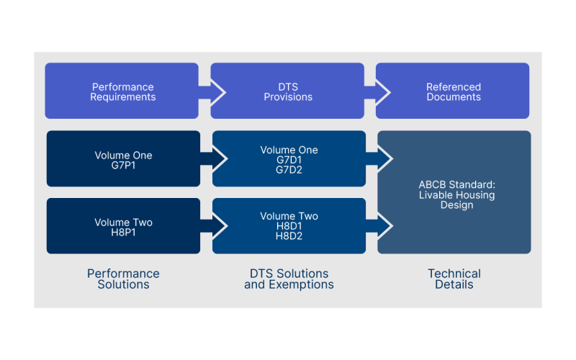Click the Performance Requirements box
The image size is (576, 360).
click(122, 91)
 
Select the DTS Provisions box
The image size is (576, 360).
click(288, 91)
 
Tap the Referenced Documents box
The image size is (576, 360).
click(453, 91)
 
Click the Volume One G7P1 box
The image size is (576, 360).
click(122, 159)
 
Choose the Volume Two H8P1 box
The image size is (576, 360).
click(122, 227)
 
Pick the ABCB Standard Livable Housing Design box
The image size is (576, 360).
click(454, 192)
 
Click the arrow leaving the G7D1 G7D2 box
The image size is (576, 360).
click(381, 158)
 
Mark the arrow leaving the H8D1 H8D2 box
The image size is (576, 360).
click(381, 226)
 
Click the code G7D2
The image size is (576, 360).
click(288, 171)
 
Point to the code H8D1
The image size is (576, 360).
click(288, 226)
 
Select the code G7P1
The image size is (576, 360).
click(123, 165)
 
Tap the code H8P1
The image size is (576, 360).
click(123, 233)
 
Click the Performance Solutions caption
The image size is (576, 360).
click(123, 279)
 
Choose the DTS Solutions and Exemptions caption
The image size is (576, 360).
click(289, 279)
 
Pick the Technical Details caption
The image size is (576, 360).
click(454, 279)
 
